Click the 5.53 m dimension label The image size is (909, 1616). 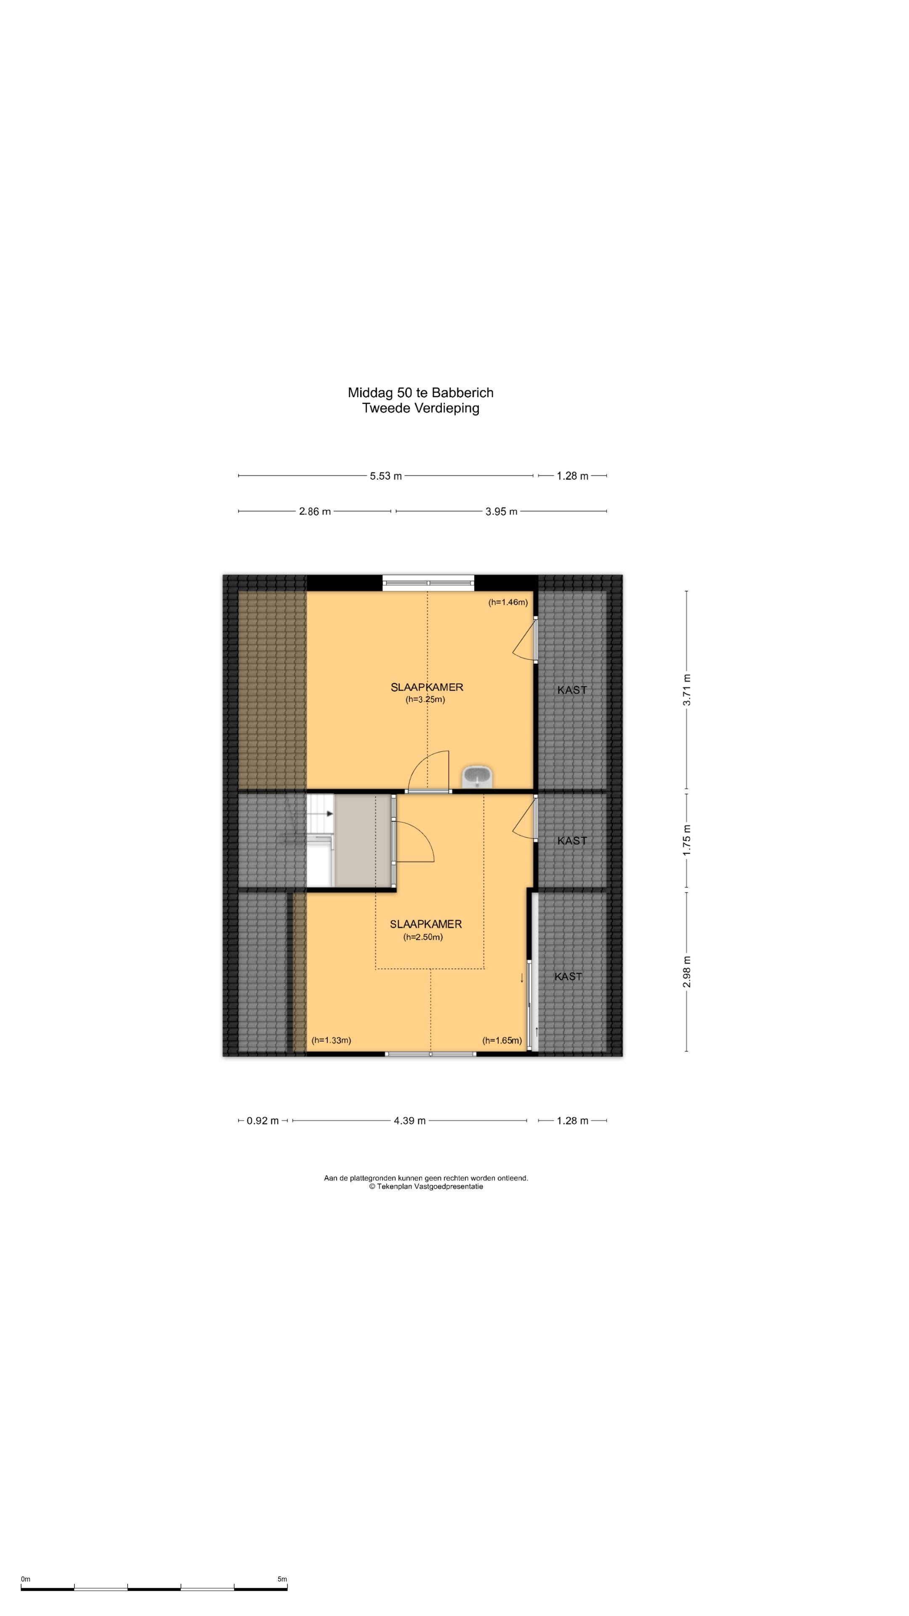385,476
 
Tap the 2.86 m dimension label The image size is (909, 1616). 314,511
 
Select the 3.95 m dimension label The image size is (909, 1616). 501,511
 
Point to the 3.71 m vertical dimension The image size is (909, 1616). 687,689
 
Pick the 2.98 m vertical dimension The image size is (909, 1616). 687,971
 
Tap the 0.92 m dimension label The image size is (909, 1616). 262,1120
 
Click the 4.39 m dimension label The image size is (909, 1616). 409,1120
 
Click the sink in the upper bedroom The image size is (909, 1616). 477,776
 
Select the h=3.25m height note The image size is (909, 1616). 425,699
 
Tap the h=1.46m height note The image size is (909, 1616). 508,602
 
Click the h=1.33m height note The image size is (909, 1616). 331,1040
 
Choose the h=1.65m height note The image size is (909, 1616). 502,1041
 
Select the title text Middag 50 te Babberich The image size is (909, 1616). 420,393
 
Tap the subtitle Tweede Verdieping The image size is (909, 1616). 420,408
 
